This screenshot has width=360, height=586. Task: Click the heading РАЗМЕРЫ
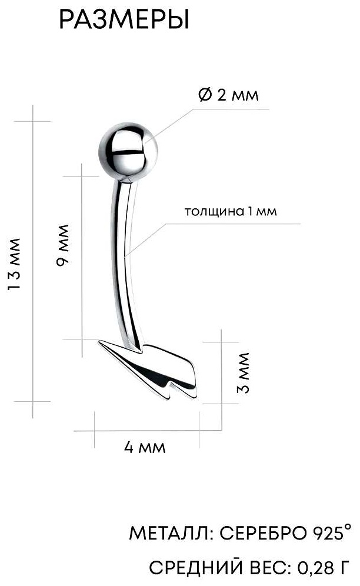(124, 20)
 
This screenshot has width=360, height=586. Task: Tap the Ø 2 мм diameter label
(228, 95)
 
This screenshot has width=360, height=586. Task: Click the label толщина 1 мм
(231, 212)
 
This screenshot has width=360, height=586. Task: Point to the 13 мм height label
(14, 264)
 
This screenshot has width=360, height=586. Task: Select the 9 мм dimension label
(62, 245)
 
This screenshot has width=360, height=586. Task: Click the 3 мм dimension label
(242, 372)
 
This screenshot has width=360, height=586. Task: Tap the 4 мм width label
(145, 447)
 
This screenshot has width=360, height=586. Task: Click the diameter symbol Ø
(205, 95)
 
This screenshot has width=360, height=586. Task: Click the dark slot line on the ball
(127, 152)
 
